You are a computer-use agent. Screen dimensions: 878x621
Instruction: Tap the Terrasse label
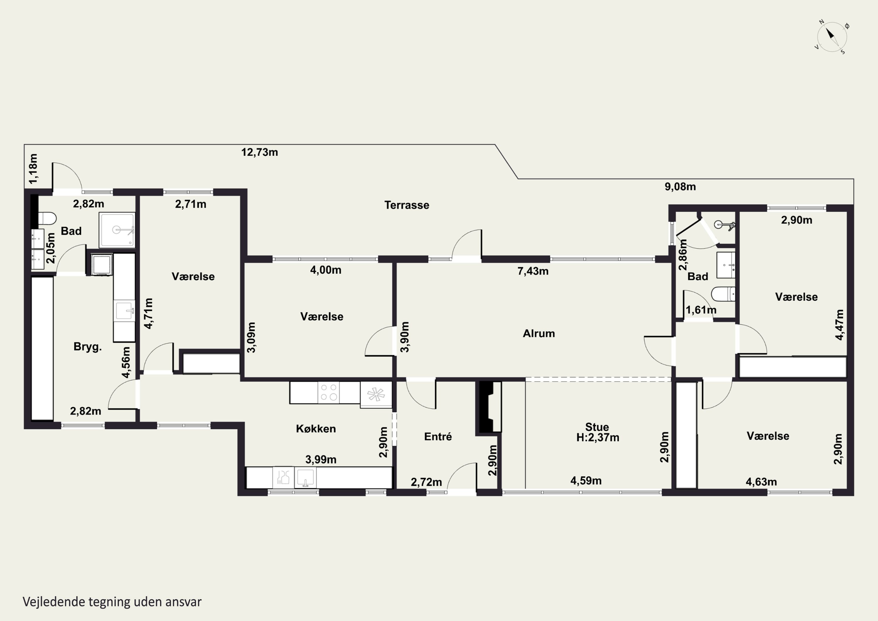pyautogui.click(x=407, y=205)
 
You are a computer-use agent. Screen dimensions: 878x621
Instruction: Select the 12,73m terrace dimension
pyautogui.click(x=259, y=152)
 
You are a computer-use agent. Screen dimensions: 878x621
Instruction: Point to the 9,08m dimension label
pyautogui.click(x=680, y=187)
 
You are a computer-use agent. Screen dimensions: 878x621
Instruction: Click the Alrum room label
pyautogui.click(x=539, y=333)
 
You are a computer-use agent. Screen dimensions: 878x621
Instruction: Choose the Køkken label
pyautogui.click(x=316, y=429)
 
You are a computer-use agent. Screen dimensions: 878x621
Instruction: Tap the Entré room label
pyautogui.click(x=438, y=437)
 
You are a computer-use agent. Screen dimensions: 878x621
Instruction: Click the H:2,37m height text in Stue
pyautogui.click(x=598, y=437)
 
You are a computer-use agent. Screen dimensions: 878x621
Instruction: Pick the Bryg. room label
pyautogui.click(x=88, y=347)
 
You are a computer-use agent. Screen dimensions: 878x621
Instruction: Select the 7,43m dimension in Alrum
pyautogui.click(x=533, y=271)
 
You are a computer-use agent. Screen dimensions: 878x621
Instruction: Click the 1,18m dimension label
pyautogui.click(x=33, y=168)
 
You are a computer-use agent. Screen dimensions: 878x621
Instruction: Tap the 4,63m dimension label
pyautogui.click(x=761, y=482)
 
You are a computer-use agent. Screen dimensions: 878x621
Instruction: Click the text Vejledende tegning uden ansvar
pyautogui.click(x=112, y=602)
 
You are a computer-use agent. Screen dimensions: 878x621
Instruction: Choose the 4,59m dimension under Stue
pyautogui.click(x=586, y=480)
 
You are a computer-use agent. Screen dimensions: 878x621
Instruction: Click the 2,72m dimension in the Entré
pyautogui.click(x=426, y=482)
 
